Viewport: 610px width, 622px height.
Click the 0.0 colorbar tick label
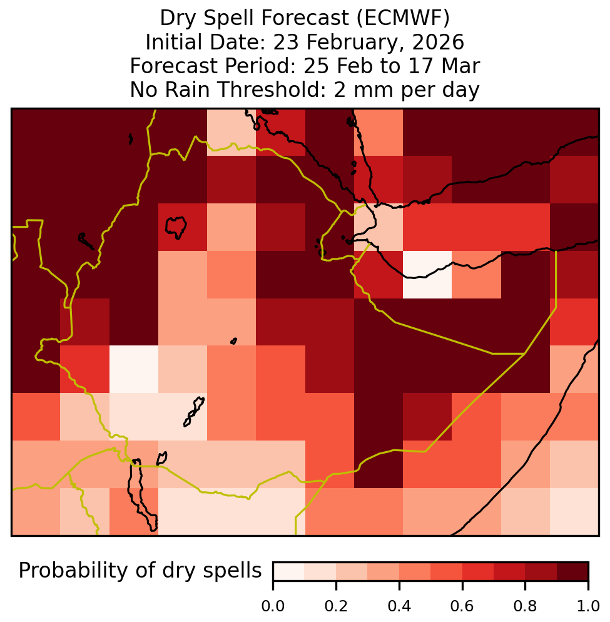pyautogui.click(x=273, y=606)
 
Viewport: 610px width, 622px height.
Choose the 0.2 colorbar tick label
pyautogui.click(x=336, y=606)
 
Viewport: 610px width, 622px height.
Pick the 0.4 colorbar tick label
pyautogui.click(x=399, y=606)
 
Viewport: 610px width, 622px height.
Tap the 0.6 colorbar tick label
pyautogui.click(x=462, y=606)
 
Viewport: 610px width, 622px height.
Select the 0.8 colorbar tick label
pyautogui.click(x=525, y=606)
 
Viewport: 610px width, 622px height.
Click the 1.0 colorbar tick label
pyautogui.click(x=587, y=606)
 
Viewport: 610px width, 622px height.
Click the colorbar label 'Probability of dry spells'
pyautogui.click(x=140, y=571)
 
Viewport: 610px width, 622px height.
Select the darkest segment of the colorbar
pyautogui.click(x=572, y=571)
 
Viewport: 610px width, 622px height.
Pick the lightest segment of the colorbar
pyautogui.click(x=289, y=571)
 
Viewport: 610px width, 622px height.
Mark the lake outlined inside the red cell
pyautogui.click(x=176, y=227)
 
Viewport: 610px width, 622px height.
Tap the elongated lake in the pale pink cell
pyautogui.click(x=194, y=412)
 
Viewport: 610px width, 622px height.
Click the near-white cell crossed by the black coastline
pyautogui.click(x=427, y=275)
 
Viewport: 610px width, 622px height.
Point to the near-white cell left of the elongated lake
pyautogui.click(x=134, y=369)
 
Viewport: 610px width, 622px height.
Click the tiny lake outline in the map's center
pyautogui.click(x=233, y=341)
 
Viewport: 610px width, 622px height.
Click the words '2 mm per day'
pyautogui.click(x=407, y=90)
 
